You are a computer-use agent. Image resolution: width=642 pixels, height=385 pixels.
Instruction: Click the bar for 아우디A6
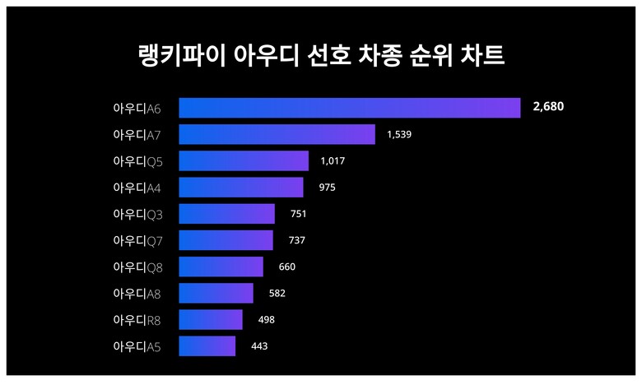pos(350,108)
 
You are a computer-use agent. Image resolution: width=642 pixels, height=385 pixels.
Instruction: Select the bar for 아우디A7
pos(277,134)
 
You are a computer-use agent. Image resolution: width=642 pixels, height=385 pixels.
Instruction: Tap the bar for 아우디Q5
pos(244,160)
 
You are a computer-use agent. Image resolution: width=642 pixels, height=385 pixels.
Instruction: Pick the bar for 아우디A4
pos(241,188)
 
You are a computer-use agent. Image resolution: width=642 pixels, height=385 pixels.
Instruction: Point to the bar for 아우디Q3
pos(226,214)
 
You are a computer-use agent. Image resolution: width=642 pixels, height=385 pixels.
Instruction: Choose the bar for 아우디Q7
pos(226,240)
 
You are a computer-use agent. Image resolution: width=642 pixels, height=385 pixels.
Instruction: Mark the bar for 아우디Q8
pos(221,267)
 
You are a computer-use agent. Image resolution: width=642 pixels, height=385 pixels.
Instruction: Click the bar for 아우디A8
pos(216,293)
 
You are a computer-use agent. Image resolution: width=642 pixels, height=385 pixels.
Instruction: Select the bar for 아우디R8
pos(211,319)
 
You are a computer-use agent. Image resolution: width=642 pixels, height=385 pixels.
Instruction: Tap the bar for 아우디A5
pos(207,346)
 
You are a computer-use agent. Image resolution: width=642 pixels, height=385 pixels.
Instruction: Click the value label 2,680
pos(548,107)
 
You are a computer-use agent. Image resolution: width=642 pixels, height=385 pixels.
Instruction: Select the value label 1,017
pos(333,160)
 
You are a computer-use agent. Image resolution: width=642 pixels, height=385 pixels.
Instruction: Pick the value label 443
pos(258,346)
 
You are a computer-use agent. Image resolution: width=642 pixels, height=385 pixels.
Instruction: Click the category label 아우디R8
pos(137,320)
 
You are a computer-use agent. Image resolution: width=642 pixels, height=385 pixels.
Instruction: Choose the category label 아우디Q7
pos(137,241)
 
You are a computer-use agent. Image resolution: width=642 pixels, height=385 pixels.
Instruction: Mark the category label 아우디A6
pos(137,109)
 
